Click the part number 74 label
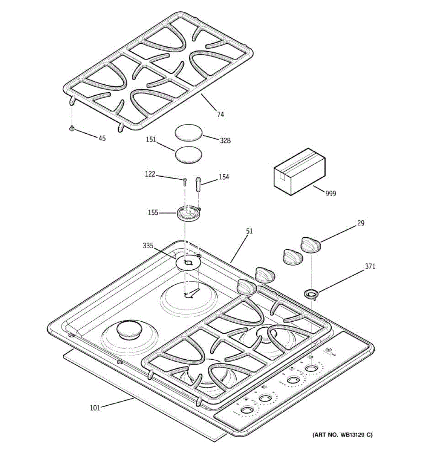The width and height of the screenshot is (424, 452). [x=220, y=114]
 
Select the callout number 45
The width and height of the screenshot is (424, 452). [x=102, y=138]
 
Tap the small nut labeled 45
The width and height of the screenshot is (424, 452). [x=71, y=129]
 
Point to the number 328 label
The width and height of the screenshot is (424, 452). [x=225, y=140]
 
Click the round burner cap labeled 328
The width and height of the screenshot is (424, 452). [x=189, y=133]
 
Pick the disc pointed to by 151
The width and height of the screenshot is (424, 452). [x=188, y=154]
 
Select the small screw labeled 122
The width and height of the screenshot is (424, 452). [x=185, y=182]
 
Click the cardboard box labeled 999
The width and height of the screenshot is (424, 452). [x=299, y=171]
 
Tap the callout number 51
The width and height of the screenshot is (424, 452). [x=249, y=231]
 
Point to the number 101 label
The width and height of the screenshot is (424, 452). [x=95, y=407]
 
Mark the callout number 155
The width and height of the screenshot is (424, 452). [x=153, y=213]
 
